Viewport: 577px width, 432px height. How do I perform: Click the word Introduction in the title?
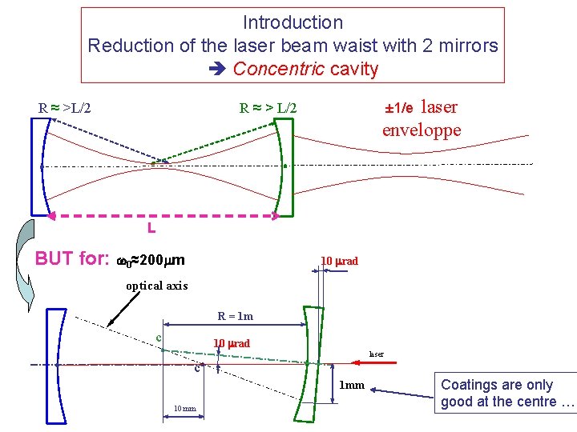click(293, 22)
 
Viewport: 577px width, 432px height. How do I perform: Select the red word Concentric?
click(279, 69)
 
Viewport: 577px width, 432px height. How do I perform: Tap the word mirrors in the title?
click(463, 46)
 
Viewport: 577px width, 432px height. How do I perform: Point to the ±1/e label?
click(398, 107)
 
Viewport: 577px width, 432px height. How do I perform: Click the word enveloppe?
click(422, 130)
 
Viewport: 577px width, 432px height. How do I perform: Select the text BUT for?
click(72, 259)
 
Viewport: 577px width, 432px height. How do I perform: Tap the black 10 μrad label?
click(339, 261)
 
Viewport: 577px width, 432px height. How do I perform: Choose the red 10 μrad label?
click(231, 343)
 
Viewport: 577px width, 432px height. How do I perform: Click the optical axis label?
click(157, 286)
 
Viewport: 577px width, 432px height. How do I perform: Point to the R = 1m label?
click(235, 316)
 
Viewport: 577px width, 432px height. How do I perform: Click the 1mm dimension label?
click(352, 386)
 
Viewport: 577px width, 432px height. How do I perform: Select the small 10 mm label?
click(185, 409)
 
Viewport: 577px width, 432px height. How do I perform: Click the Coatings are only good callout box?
click(507, 393)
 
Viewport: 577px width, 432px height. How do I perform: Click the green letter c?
click(159, 338)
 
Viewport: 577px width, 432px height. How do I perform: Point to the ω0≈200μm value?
click(151, 260)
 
